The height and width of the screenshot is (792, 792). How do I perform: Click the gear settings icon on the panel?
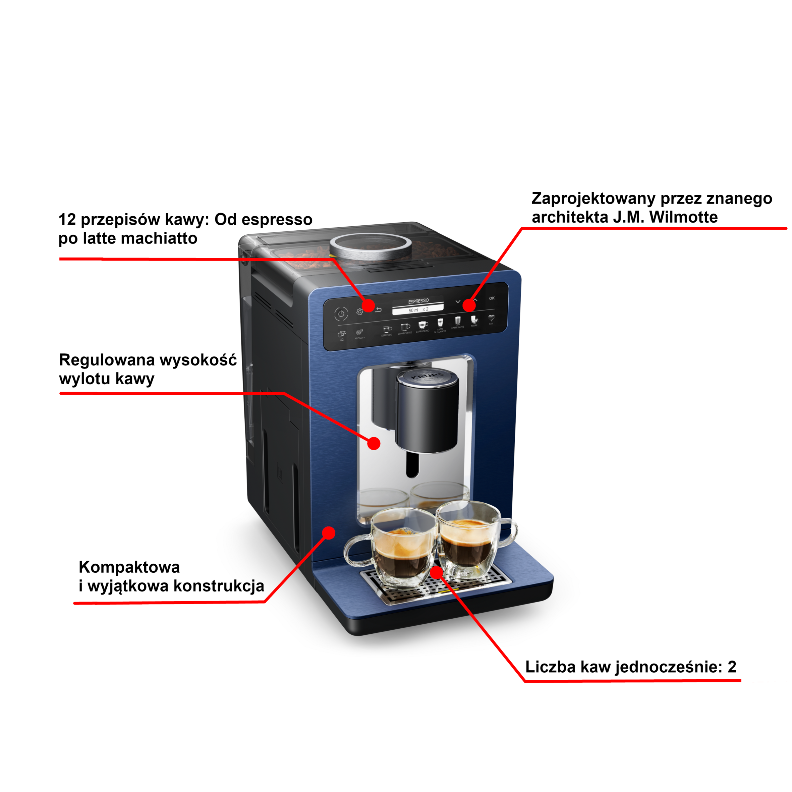click(x=359, y=312)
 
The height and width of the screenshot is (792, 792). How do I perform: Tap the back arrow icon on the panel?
click(x=378, y=309)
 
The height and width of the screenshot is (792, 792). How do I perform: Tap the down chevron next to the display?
click(x=458, y=302)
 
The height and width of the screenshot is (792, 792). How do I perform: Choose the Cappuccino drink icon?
click(x=422, y=325)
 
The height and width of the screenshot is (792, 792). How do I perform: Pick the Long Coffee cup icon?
click(x=405, y=327)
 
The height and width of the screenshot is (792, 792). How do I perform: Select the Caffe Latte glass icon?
click(x=457, y=321)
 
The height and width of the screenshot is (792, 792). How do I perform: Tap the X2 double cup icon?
click(x=341, y=334)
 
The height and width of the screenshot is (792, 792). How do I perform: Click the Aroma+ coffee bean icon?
click(x=359, y=332)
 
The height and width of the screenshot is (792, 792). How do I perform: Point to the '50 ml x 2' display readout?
click(x=418, y=310)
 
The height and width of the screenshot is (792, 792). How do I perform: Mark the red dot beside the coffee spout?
click(x=374, y=443)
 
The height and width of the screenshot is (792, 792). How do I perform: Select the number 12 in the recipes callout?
click(x=67, y=220)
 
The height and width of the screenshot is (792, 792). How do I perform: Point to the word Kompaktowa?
click(x=129, y=567)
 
